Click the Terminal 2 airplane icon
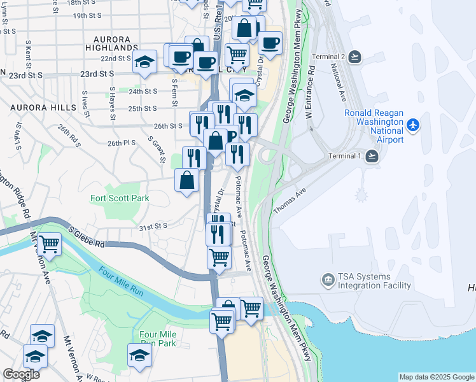354,57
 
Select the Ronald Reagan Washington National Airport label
374,126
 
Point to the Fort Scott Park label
120,198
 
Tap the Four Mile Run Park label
157,339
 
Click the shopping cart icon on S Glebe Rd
48,244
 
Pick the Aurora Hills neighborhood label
43,108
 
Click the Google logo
22,374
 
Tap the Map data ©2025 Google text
436,377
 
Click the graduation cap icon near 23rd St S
145,62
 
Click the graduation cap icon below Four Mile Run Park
139,356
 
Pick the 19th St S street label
88,15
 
